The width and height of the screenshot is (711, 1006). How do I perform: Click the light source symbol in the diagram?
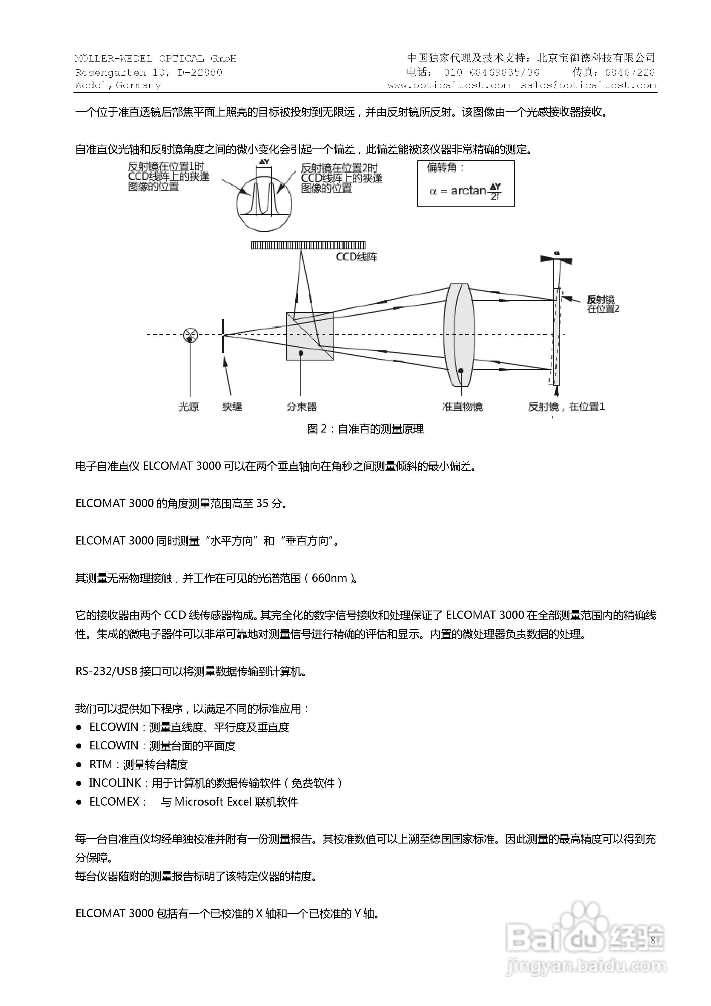click(x=190, y=335)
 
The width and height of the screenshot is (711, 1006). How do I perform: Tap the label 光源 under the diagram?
click(x=188, y=407)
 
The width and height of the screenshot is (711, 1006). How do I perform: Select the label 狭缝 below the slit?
click(x=232, y=407)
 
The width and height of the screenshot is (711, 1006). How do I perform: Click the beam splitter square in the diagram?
click(x=309, y=336)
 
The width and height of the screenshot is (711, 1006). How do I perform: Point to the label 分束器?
click(x=301, y=407)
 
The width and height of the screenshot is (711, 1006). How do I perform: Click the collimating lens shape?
click(x=459, y=335)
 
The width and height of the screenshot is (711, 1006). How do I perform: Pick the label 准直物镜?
click(x=462, y=407)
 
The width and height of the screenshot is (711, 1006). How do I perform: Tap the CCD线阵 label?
click(x=356, y=257)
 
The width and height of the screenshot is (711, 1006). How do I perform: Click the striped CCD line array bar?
click(x=308, y=245)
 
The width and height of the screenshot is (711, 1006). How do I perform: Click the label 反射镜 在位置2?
click(x=603, y=304)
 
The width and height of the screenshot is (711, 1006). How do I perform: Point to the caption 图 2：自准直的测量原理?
click(x=365, y=429)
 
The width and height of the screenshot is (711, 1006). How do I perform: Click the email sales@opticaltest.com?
click(x=588, y=85)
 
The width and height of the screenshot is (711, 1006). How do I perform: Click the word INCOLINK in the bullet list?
click(x=115, y=783)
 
